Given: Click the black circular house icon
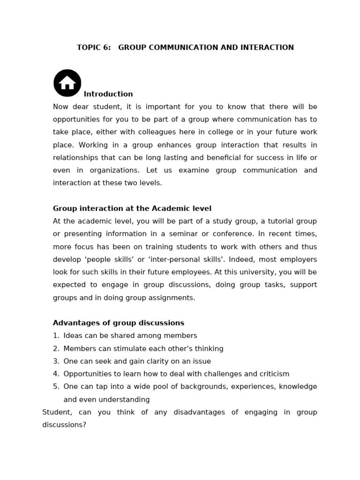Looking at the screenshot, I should click(67, 83).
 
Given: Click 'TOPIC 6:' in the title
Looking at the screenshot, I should click(94, 47).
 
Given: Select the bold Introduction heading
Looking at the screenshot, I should click(108, 94).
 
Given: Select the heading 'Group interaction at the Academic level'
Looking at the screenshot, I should click(132, 209).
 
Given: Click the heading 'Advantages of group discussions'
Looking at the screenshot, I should click(119, 323).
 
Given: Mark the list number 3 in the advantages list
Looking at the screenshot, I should click(56, 361).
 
